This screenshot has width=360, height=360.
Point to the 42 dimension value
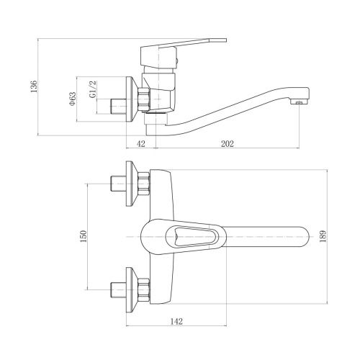[x=140, y=144]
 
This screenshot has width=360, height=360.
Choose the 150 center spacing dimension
[x=84, y=235]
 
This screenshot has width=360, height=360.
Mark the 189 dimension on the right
[x=329, y=235]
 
